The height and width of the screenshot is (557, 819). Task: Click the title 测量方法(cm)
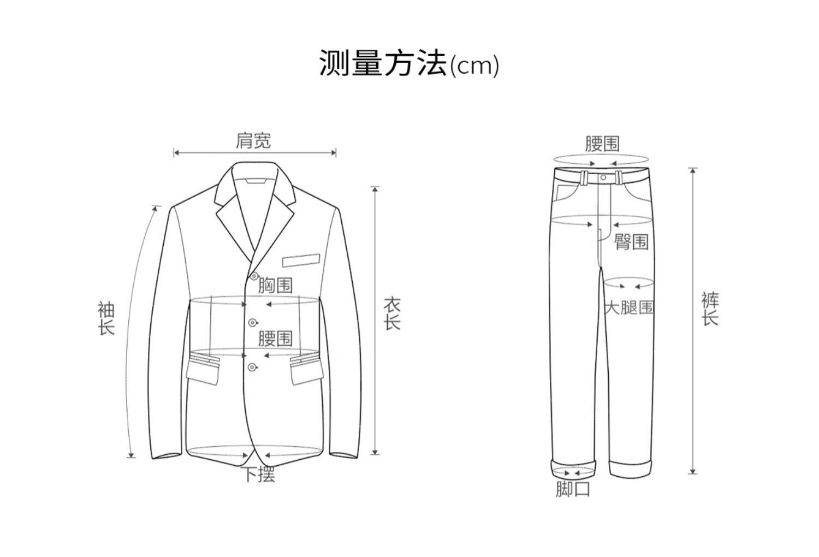pos(409,64)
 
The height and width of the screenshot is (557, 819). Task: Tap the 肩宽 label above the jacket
pos(253,141)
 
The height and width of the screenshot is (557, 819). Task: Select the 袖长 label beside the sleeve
pos(106,318)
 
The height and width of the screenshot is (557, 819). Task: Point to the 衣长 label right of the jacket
pos(392,313)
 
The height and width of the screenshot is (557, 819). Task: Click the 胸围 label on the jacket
pos(275,285)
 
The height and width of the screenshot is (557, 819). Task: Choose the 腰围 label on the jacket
pos(275,339)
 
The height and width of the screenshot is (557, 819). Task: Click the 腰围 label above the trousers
pos(602,144)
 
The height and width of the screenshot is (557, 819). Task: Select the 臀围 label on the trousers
pos(631,241)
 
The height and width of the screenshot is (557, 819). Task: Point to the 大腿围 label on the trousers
pos(629,307)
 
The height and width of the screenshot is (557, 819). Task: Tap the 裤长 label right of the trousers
pos(710,309)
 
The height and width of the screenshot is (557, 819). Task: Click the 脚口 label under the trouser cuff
pos(573,489)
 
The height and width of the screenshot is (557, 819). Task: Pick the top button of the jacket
pos(253,276)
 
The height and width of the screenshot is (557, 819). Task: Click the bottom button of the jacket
pos(252,367)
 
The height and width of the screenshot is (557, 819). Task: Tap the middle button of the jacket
pos(252,322)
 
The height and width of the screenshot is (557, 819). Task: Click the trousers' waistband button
pos(603,177)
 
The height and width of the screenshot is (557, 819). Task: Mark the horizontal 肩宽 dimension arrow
pos(254,153)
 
